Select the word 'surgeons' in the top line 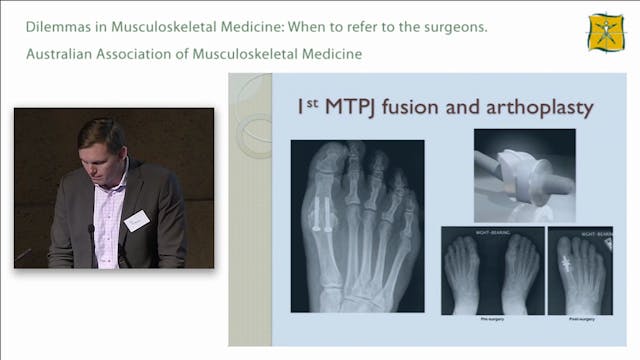(x=452, y=27)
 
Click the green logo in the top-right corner (x=606, y=33)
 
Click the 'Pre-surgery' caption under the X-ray (x=491, y=321)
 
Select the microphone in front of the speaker (x=91, y=232)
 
